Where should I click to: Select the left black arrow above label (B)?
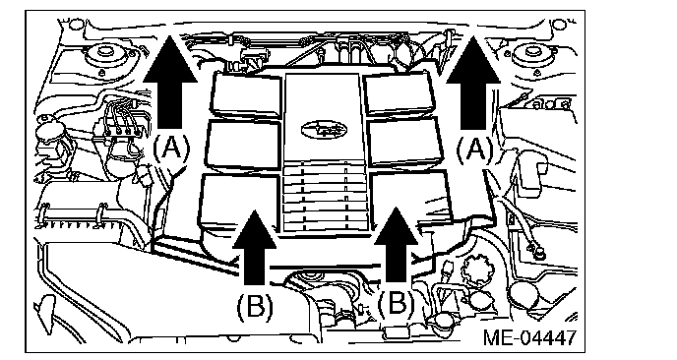click(254, 247)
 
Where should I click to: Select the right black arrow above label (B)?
click(396, 244)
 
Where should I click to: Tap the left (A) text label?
click(171, 149)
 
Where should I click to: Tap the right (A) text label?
click(475, 150)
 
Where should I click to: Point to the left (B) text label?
click(255, 306)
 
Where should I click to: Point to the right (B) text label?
click(397, 303)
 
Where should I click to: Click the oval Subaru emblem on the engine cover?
click(324, 129)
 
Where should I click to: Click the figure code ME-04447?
click(529, 337)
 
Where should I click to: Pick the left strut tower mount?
click(103, 54)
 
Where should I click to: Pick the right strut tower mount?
click(533, 55)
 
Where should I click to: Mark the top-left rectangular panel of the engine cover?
click(246, 95)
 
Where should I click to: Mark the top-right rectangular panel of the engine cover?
click(400, 94)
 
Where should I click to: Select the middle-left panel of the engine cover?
click(243, 144)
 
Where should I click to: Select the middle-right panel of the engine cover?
click(405, 142)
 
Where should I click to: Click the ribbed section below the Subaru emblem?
click(325, 198)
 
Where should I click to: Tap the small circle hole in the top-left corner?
click(75, 24)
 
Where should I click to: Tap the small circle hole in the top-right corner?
click(559, 24)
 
